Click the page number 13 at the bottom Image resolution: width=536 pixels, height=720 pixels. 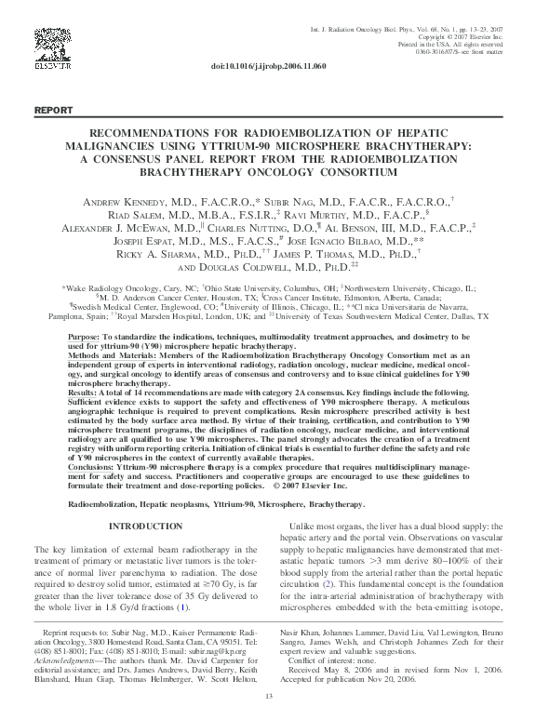point(268,697)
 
